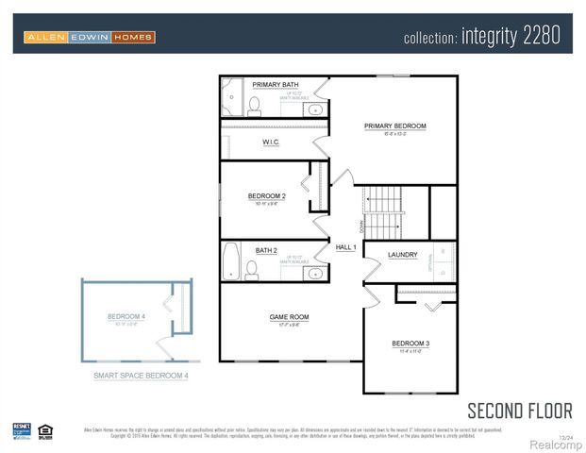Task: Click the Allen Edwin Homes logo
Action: [x=90, y=37]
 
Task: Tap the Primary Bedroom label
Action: [x=395, y=126]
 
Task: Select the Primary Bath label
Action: [x=276, y=85]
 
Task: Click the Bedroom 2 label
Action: [x=266, y=196]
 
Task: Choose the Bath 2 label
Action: [x=266, y=250]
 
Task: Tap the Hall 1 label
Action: [x=345, y=247]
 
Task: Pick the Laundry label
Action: [x=403, y=255]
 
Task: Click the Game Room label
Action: [x=289, y=317]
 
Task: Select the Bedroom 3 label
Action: [x=411, y=343]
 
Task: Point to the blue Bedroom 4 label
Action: [x=126, y=316]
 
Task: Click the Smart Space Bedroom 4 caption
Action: [x=141, y=376]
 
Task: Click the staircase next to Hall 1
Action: [x=383, y=212]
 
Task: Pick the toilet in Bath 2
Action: [x=252, y=270]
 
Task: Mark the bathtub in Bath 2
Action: [x=232, y=261]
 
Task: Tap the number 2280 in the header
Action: [x=541, y=37]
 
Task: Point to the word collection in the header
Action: [x=429, y=38]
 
